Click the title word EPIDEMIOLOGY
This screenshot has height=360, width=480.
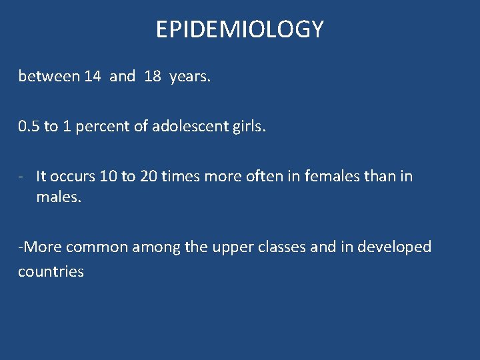pyautogui.click(x=240, y=29)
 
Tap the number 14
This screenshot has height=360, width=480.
pyautogui.click(x=93, y=77)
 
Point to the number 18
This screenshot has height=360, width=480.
pyautogui.click(x=153, y=77)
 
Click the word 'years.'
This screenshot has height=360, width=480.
pyautogui.click(x=191, y=77)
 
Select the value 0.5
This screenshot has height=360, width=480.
pyautogui.click(x=29, y=127)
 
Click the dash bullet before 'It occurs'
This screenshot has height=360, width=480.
pyautogui.click(x=23, y=177)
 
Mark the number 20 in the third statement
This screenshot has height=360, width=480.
pyautogui.click(x=148, y=177)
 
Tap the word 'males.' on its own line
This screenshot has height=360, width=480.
pyautogui.click(x=59, y=199)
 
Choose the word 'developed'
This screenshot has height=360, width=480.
pyautogui.click(x=394, y=247)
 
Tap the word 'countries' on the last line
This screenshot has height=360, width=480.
pyautogui.click(x=51, y=272)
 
